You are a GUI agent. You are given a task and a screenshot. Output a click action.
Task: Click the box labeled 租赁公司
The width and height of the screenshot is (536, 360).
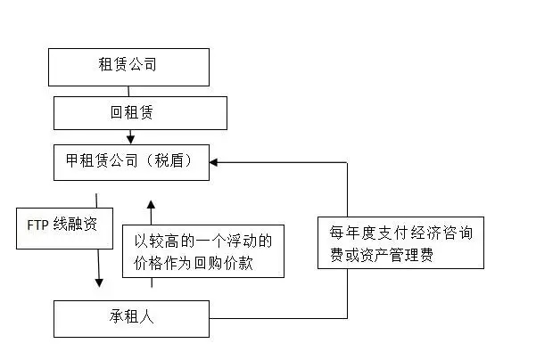[129, 67]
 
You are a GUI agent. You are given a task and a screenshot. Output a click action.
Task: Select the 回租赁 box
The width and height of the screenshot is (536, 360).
[140, 113]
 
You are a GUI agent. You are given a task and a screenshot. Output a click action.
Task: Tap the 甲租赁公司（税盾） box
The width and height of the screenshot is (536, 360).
[131, 162]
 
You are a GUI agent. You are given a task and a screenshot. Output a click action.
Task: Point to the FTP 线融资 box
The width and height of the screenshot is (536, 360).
[64, 228]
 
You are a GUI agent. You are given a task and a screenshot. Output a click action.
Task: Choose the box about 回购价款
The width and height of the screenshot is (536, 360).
[203, 251]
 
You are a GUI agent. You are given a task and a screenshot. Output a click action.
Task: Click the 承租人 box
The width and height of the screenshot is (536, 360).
[131, 319]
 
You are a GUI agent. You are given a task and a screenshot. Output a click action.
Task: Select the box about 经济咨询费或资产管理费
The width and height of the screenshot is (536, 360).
[400, 242]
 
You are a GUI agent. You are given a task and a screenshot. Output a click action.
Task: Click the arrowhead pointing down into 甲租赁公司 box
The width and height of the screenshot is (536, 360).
[130, 139]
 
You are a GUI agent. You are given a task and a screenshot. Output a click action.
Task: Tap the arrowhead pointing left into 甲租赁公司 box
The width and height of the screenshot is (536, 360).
[214, 162]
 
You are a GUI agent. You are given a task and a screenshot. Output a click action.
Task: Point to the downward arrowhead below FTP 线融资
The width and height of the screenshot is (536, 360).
[99, 282]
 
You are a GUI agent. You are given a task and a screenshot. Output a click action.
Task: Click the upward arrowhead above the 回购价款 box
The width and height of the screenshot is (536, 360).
[151, 205]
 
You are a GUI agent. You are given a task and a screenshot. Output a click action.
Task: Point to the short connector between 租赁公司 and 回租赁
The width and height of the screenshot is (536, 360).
[128, 91]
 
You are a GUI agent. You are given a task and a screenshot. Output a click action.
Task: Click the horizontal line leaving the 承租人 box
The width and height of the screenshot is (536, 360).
[278, 318]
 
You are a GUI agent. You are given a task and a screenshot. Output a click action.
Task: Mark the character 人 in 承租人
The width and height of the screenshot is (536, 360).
[146, 316]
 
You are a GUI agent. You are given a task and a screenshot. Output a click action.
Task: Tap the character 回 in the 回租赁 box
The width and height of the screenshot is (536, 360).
[117, 112]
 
